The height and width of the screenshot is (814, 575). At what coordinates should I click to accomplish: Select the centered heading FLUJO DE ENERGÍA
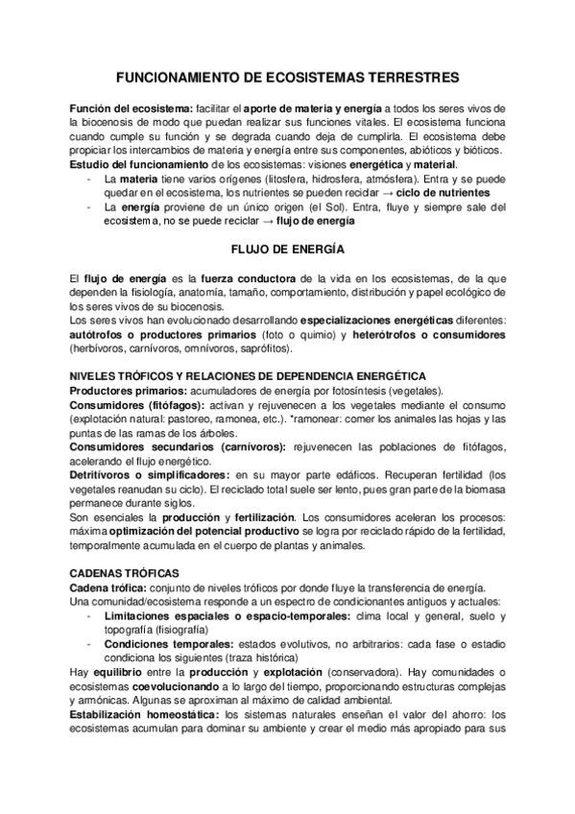pyautogui.click(x=287, y=249)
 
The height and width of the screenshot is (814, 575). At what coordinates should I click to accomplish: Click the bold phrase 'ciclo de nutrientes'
pyautogui.click(x=449, y=192)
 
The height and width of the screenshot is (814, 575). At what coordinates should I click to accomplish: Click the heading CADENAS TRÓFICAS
pyautogui.click(x=117, y=572)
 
